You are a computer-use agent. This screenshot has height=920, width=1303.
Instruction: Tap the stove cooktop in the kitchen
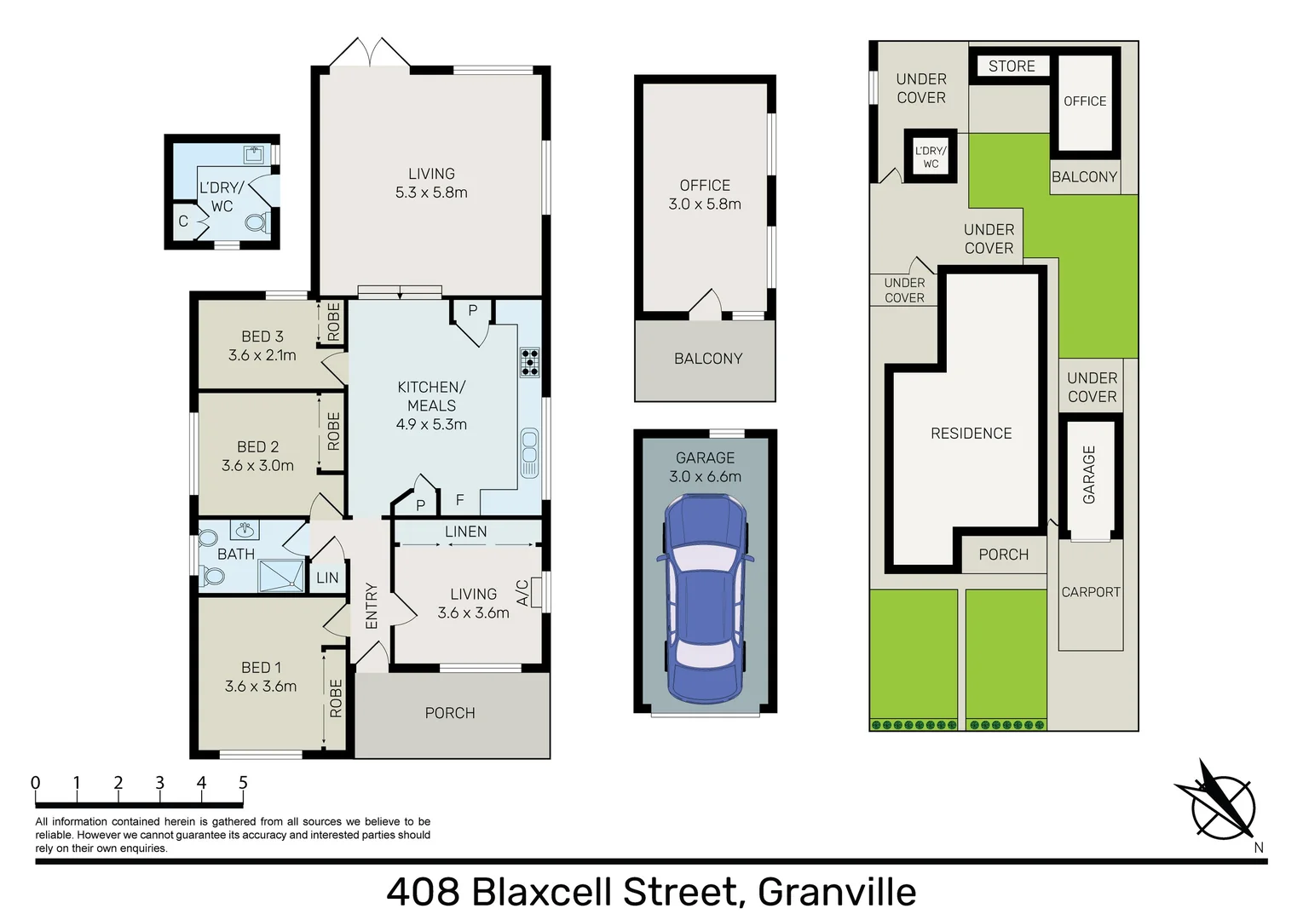[x=529, y=362]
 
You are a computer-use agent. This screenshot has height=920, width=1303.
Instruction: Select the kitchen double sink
[x=529, y=453]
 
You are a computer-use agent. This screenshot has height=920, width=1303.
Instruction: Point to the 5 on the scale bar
[x=243, y=782]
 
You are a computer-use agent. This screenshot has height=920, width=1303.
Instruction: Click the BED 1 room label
[x=261, y=668]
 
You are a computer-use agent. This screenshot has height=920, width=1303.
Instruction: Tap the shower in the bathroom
[x=280, y=575]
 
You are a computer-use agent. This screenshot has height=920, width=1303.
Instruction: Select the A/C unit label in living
[x=522, y=592]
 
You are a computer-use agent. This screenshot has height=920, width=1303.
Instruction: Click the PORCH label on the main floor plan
[x=450, y=713]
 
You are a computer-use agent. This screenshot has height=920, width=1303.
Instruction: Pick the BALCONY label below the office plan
[x=707, y=359]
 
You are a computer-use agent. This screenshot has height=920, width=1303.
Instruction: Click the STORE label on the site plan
[x=1012, y=66]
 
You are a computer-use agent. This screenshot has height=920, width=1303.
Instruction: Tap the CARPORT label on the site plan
[x=1090, y=592]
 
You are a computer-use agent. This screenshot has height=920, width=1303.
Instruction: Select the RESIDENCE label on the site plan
[x=971, y=434]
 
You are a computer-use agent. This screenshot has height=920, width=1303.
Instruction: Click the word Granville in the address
[x=836, y=892]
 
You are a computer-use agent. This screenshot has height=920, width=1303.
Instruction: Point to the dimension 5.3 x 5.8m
[x=431, y=193]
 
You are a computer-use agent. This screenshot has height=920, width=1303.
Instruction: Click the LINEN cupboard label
[x=466, y=532]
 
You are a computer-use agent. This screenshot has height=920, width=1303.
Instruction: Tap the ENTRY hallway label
[x=372, y=606]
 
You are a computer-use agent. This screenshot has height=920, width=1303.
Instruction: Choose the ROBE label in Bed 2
[x=333, y=431]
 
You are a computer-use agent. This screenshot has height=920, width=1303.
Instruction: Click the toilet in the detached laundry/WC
[x=255, y=223]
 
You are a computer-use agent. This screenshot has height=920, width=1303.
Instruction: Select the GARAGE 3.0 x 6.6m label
[x=705, y=467]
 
